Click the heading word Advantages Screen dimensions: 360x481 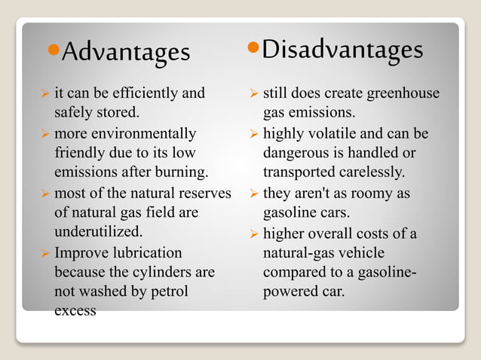pos(126,52)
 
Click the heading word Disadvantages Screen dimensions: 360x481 pos(342,50)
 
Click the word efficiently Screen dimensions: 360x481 pos(144,94)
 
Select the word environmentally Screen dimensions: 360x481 pos(148,134)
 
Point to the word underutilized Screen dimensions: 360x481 pos(99,231)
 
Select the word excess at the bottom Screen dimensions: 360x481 pos(75,310)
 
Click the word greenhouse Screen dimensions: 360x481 pos(403,94)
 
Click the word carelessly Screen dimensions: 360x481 pos(369,172)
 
